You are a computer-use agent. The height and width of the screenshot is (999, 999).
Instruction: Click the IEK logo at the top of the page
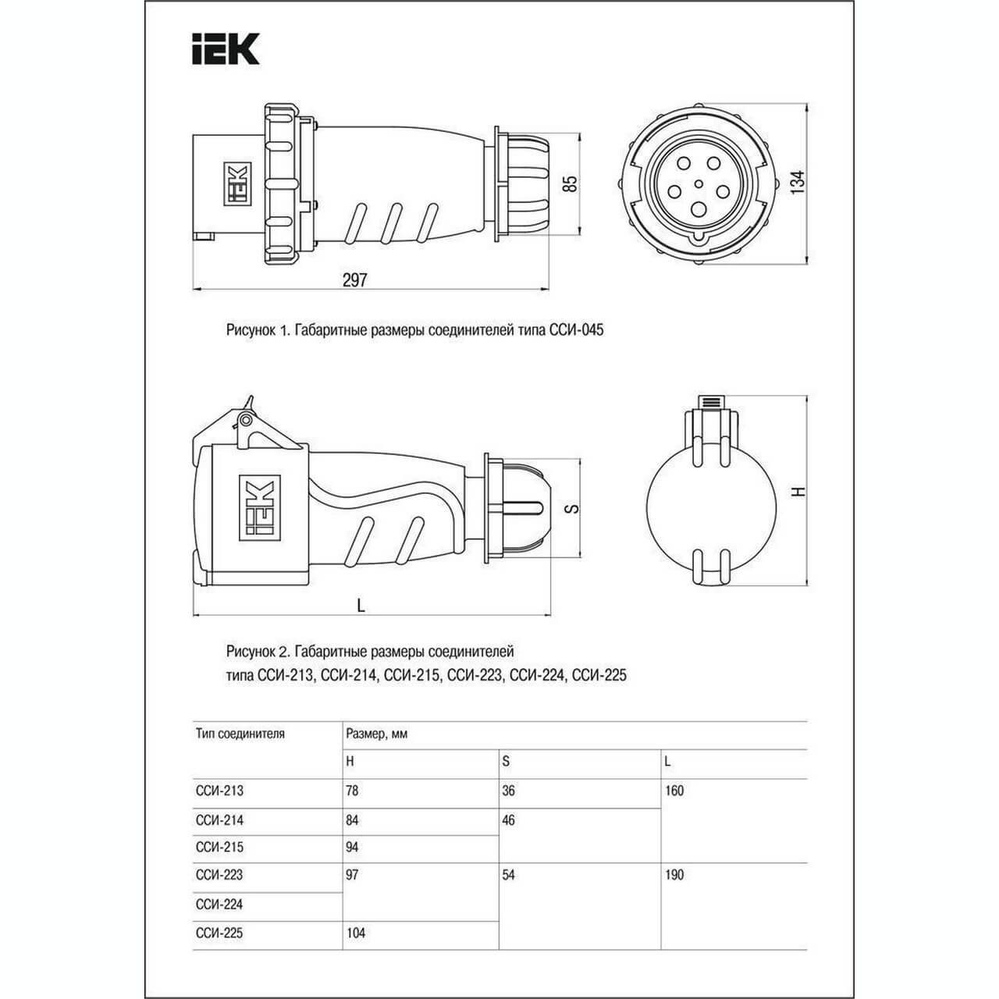pyautogui.click(x=226, y=49)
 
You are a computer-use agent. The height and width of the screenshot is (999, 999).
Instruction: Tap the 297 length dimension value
pyautogui.click(x=354, y=280)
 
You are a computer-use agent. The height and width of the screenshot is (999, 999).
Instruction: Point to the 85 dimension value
pyautogui.click(x=571, y=184)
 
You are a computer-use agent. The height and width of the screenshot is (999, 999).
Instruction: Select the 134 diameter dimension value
pyautogui.click(x=798, y=183)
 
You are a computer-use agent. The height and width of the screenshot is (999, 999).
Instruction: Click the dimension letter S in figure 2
pyautogui.click(x=572, y=509)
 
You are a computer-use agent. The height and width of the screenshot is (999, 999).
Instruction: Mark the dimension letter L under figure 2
pyautogui.click(x=361, y=605)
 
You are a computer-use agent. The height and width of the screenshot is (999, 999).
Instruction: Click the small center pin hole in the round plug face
pyautogui.click(x=699, y=183)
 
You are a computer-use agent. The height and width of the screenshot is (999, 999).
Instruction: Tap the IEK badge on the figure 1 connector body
pyautogui.click(x=237, y=183)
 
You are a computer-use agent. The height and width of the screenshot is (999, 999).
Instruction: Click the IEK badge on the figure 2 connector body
pyautogui.click(x=260, y=507)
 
